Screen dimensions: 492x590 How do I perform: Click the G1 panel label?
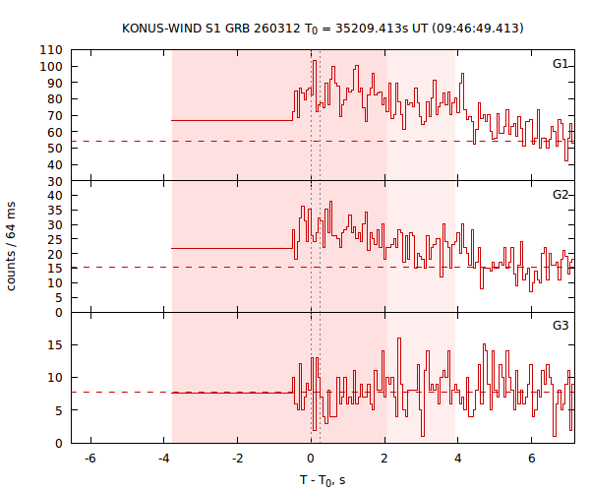click(x=560, y=64)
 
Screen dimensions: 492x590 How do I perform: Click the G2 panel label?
click(x=560, y=194)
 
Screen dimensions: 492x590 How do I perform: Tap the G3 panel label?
click(x=560, y=325)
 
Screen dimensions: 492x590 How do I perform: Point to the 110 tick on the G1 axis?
click(x=52, y=50)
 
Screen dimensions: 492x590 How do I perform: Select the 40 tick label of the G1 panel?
click(x=55, y=164)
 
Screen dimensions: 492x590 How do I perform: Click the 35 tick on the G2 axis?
click(x=55, y=210)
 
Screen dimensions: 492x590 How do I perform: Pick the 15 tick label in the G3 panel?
click(x=55, y=344)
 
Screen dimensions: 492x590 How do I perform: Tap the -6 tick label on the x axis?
click(x=88, y=459)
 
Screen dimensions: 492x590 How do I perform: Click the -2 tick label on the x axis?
click(x=236, y=459)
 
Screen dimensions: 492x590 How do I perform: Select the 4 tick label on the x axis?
click(x=457, y=459)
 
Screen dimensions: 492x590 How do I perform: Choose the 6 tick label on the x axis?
click(x=532, y=459)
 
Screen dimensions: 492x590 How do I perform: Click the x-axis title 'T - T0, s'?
click(x=323, y=479)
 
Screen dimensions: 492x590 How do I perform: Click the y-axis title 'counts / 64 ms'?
click(x=12, y=246)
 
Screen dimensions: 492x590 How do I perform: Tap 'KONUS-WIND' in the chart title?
click(x=159, y=28)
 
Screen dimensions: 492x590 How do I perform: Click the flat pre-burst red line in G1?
click(x=231, y=120)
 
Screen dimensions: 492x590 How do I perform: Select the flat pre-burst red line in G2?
click(x=231, y=248)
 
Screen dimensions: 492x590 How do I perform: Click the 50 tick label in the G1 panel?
click(x=55, y=148)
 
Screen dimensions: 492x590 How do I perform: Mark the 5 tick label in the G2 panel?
click(x=58, y=297)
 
